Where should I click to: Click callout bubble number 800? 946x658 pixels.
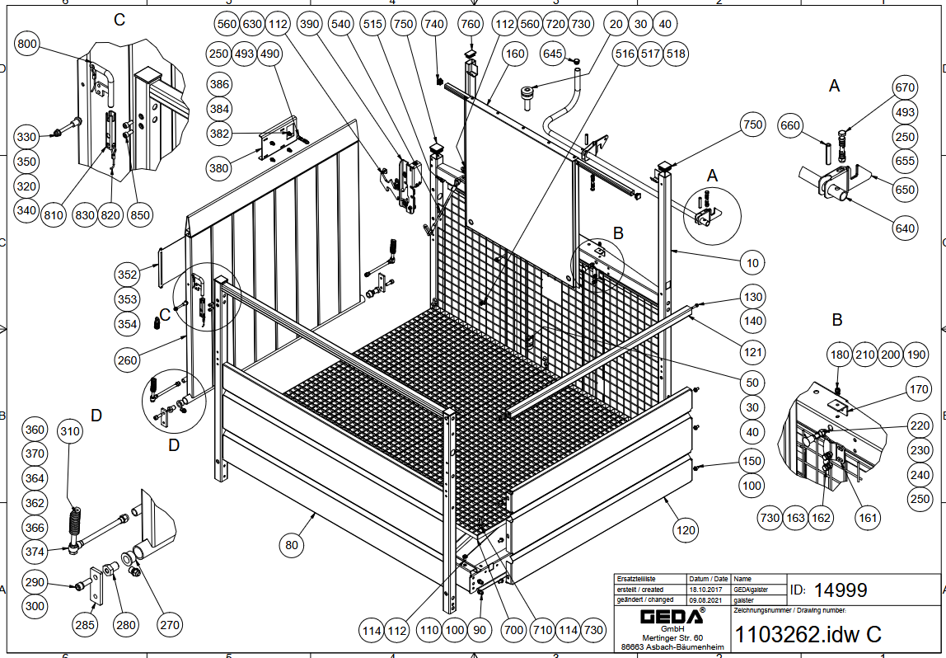coord(27,45)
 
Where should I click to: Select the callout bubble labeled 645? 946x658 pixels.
coord(553,54)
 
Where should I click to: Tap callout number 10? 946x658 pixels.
coord(752,264)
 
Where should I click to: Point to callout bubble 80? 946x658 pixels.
coord(292,545)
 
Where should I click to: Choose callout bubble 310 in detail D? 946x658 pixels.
coord(70,430)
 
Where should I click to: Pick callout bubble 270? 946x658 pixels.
coord(169,625)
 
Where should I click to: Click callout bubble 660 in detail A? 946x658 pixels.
coord(790,126)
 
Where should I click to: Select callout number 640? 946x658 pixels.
coord(905,228)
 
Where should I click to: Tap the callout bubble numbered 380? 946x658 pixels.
coord(219,169)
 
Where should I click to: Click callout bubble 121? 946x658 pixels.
coord(752,352)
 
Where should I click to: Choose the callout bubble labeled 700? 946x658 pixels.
coord(513,631)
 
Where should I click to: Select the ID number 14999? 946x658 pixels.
coord(840,590)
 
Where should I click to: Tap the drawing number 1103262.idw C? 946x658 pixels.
coord(807,634)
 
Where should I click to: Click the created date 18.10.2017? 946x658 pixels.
coord(709,590)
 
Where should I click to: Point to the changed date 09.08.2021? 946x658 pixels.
coord(709,600)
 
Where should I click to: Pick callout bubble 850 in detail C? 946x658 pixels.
coord(141,215)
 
